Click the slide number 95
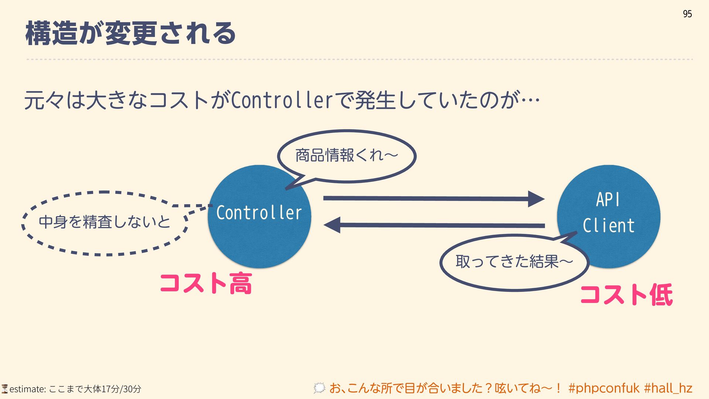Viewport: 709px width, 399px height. coord(687,14)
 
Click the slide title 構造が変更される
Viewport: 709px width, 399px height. coord(130,33)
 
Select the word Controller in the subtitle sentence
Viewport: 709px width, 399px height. coord(281,100)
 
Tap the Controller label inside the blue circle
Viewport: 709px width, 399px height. coord(259,213)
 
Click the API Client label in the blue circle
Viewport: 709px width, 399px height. coord(608,213)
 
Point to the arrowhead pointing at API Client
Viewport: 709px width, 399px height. coord(536,199)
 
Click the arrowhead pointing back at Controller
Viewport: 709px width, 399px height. coord(332,225)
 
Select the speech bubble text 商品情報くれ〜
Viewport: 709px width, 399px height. coord(346,155)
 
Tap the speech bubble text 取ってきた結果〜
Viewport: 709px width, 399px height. coord(514,262)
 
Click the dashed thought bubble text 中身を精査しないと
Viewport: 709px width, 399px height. coord(105,222)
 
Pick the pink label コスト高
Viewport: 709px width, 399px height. coord(206,283)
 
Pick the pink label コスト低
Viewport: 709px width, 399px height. coord(626,295)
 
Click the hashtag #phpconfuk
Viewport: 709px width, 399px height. coord(604,388)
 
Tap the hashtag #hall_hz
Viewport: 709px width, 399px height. coord(668,388)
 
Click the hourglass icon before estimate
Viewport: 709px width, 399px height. coord(4,389)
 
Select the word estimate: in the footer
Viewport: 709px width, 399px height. coord(27,389)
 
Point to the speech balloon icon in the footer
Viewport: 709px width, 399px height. coord(319,388)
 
